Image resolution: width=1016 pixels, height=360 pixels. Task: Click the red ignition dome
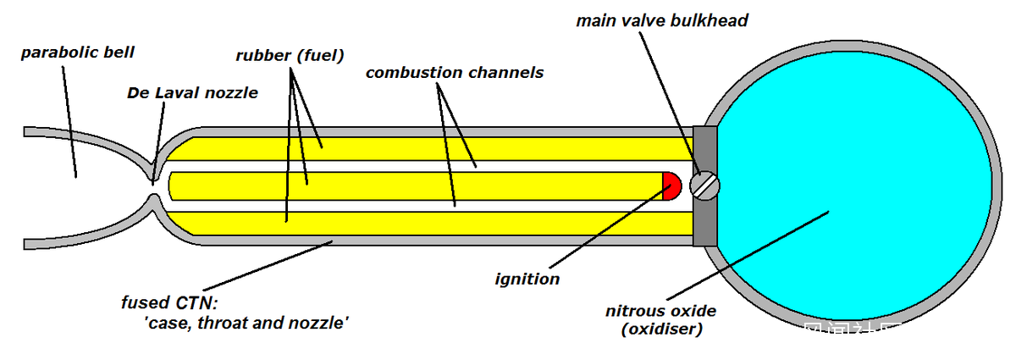[x=671, y=186]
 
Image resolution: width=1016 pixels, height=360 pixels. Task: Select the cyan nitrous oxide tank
[x=855, y=169]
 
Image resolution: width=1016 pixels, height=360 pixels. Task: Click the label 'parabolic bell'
[x=78, y=53]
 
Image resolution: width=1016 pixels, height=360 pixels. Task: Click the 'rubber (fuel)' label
[x=290, y=57]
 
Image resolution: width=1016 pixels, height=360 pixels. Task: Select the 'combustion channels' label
[x=454, y=72]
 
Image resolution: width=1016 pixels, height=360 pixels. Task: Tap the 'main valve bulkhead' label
[x=662, y=19]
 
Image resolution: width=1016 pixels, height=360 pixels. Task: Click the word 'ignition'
[x=527, y=279]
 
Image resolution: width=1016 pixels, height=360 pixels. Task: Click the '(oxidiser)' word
[x=660, y=329]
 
